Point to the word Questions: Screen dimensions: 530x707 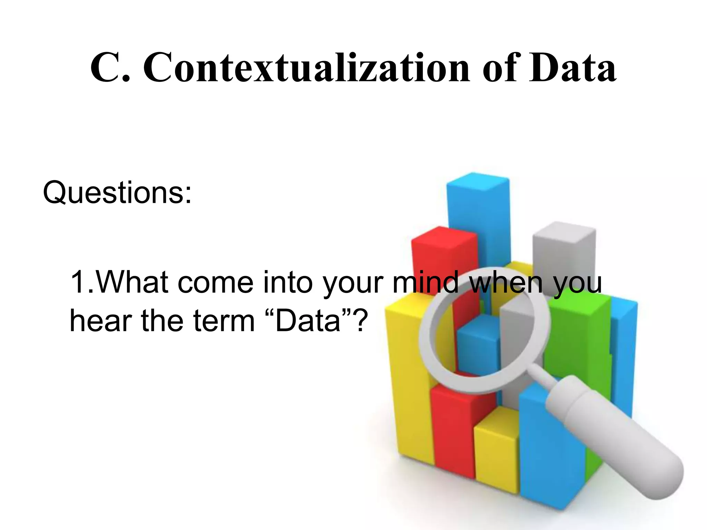pos(117,193)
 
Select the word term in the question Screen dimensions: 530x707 pos(224,321)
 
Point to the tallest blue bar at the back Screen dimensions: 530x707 pos(478,214)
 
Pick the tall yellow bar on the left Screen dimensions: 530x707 pos(409,380)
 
